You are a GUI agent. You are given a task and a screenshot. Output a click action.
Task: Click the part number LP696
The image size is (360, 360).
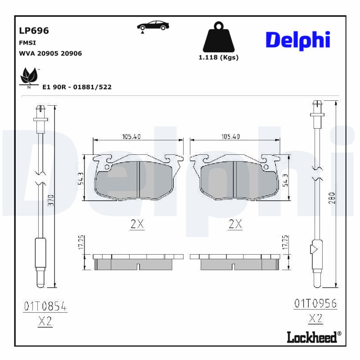34,31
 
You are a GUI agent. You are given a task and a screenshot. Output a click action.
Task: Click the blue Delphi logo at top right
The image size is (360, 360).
297,40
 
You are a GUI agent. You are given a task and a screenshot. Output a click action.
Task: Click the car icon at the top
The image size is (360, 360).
153,26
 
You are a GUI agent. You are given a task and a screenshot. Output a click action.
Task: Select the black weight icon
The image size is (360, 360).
218,37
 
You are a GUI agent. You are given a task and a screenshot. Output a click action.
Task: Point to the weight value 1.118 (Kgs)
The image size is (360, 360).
219,57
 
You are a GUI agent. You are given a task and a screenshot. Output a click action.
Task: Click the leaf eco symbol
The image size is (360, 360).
29,77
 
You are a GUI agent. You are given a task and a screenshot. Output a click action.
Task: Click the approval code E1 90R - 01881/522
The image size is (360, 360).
76,87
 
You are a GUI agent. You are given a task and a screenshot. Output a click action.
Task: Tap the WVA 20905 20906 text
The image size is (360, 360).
50,53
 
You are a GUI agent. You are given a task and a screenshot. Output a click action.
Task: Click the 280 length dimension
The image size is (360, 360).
332,198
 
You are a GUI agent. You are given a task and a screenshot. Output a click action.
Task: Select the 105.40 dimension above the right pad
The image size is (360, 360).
230,137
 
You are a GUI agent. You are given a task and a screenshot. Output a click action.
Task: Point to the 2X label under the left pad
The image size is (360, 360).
137,224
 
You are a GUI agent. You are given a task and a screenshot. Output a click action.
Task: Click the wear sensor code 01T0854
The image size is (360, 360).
45,307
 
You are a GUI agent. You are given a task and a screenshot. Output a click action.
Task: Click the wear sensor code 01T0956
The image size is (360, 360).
315,303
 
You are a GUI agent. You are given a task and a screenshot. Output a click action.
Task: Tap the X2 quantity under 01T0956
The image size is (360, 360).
315,319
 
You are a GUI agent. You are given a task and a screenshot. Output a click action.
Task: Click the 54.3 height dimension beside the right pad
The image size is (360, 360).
284,180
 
